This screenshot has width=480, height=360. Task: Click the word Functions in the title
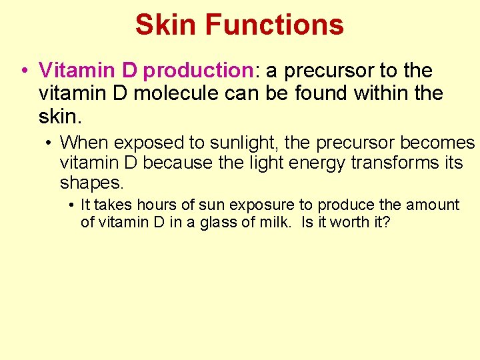pos(275,25)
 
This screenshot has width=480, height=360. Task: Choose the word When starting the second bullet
pos(81,143)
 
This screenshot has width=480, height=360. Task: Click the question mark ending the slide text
pos(386,222)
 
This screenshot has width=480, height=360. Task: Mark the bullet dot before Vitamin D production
pos(24,71)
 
